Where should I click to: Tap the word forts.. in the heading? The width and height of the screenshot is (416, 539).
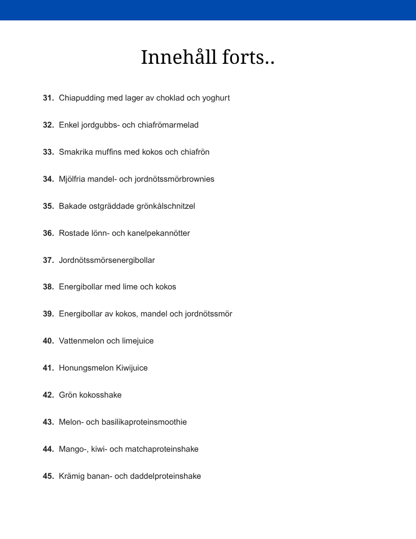click(248, 57)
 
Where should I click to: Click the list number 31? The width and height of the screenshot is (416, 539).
click(48, 97)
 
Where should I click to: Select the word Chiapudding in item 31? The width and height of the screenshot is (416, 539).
click(82, 97)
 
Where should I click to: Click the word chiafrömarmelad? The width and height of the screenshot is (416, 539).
click(168, 125)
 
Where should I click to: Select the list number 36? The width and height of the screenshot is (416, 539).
click(48, 233)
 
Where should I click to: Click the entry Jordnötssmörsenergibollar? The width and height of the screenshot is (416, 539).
click(107, 260)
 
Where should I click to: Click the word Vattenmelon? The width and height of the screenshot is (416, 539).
click(82, 341)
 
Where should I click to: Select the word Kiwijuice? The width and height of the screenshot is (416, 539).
click(132, 368)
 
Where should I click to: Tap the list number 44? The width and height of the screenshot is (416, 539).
click(48, 449)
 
